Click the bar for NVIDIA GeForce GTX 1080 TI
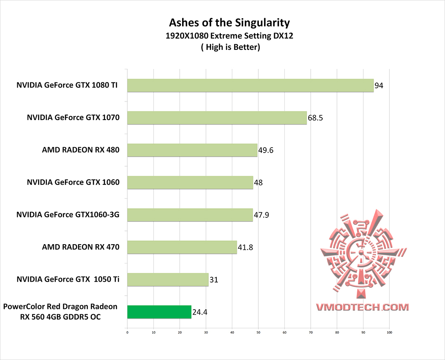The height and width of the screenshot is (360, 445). coord(250,85)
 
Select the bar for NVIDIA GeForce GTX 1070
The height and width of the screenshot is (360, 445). coord(217,118)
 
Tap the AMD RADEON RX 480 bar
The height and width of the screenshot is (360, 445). coord(192,150)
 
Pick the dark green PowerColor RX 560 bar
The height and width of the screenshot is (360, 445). coord(159,312)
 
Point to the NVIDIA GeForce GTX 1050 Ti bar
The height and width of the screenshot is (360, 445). coord(168,280)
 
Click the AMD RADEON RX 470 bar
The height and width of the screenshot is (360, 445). coord(182,247)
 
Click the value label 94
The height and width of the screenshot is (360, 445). coord(379,86)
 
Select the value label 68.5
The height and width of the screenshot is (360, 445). coord(315,118)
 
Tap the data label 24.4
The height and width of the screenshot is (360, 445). coord(200,312)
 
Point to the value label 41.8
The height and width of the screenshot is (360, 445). coord(245,248)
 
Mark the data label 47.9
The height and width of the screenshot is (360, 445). coord(261,215)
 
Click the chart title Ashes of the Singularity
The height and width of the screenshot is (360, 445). coord(230,22)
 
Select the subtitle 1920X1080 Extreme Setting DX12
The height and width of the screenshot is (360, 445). coord(230,36)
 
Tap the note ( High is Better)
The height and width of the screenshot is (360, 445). coord(230,47)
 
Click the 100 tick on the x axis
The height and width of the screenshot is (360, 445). coord(389,332)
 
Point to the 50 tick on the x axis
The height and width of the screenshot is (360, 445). coord(258,332)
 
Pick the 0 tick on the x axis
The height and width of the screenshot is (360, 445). coord(127,332)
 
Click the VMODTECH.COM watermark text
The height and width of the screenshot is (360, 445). coord(362,307)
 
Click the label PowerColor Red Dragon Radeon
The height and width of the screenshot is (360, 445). coord(60,307)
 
